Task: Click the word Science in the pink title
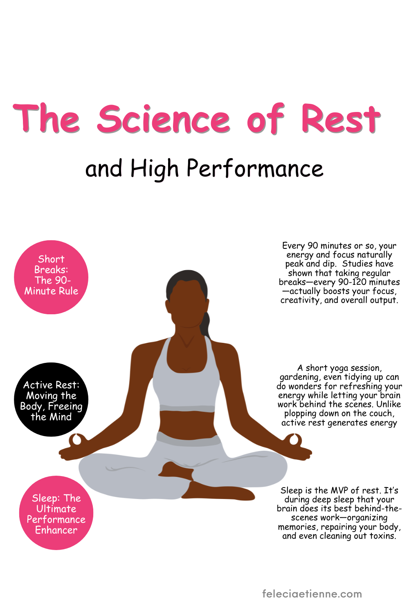[163, 119]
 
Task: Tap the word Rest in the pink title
[341, 119]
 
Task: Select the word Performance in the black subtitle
[255, 168]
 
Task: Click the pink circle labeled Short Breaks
[51, 277]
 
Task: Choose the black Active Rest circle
[51, 400]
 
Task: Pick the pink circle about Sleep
[56, 513]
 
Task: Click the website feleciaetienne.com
[312, 594]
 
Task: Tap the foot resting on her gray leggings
[176, 470]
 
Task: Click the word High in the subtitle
[155, 168]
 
